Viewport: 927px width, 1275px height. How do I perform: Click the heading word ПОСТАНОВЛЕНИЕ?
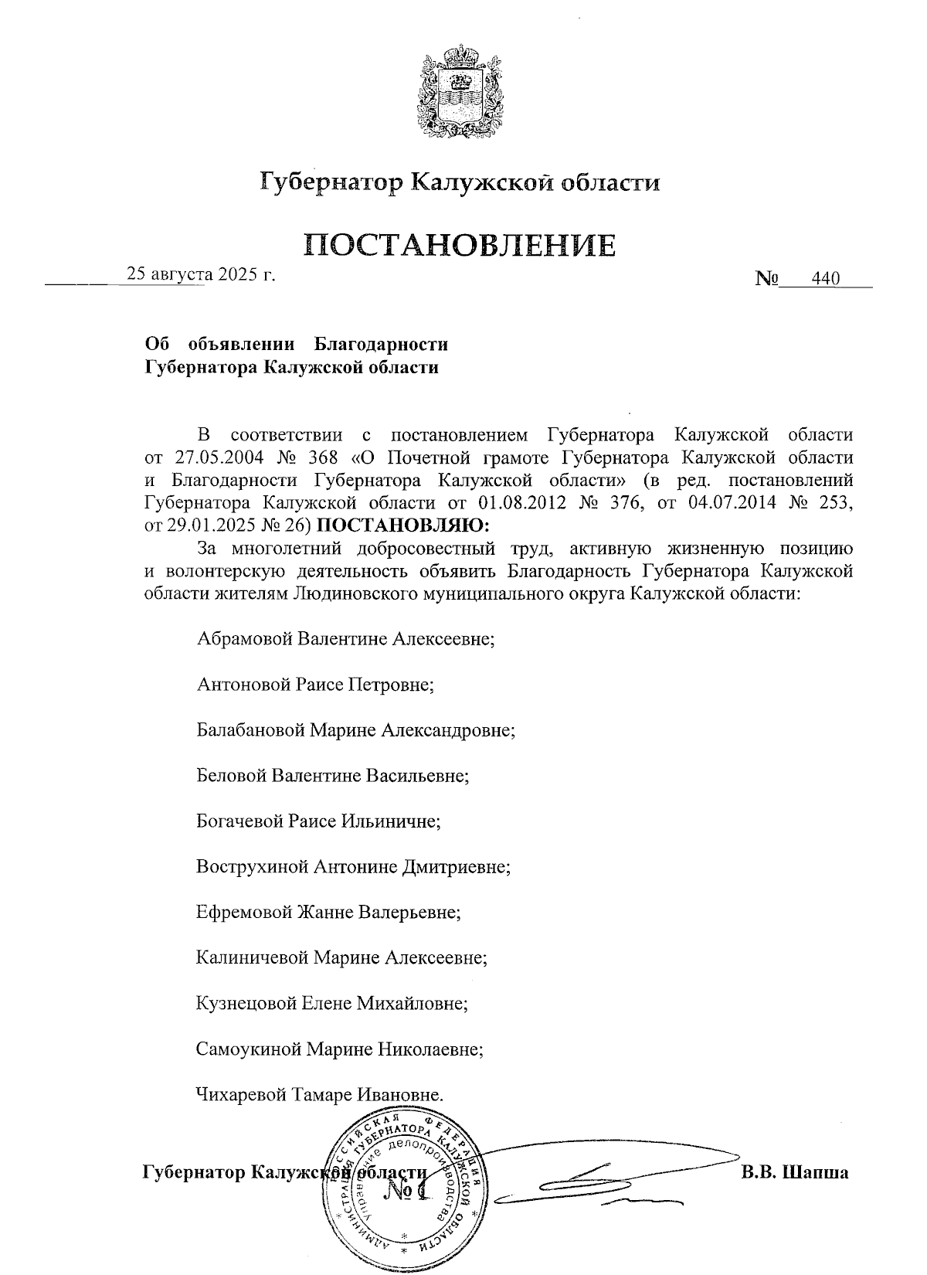tap(460, 245)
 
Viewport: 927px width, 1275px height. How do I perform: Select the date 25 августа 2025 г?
tap(201, 274)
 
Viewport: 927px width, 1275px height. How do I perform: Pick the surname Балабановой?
tap(250, 730)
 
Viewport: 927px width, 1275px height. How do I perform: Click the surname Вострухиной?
tap(252, 866)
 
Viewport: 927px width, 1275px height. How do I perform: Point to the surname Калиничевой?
tap(252, 958)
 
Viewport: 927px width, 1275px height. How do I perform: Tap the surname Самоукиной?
tap(250, 1049)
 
